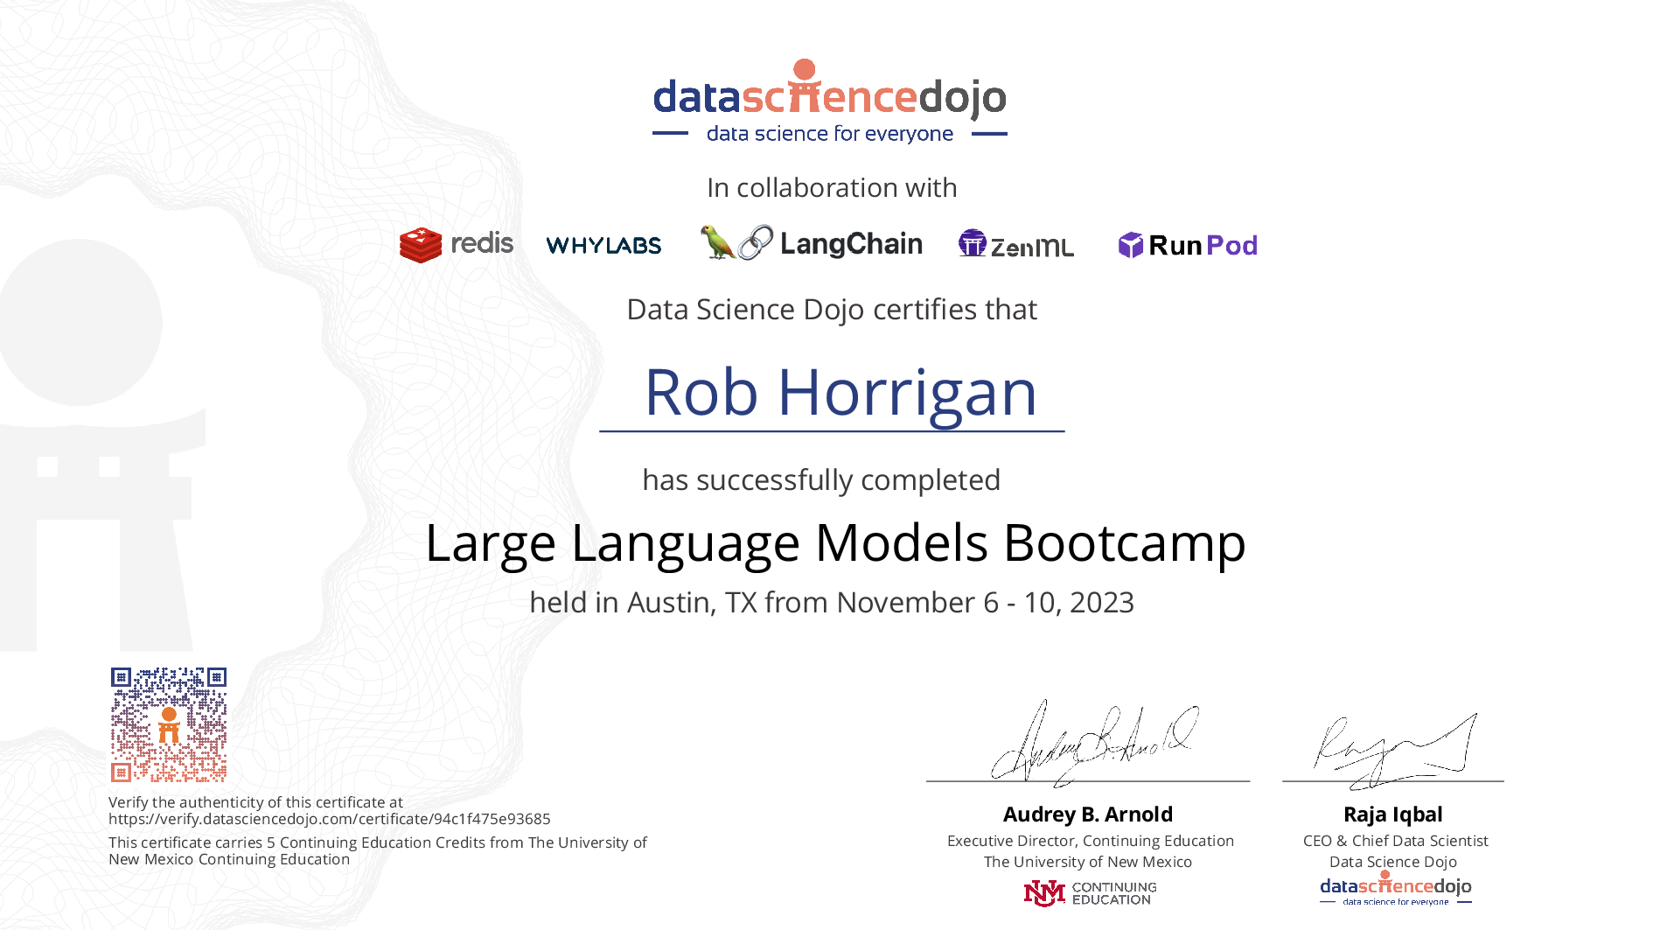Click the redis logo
click(x=457, y=244)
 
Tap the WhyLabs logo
click(x=603, y=245)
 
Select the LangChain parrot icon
click(x=717, y=242)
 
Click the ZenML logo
click(x=1016, y=244)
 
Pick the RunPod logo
click(x=1188, y=245)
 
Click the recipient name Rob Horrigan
click(x=840, y=392)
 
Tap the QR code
click(x=169, y=724)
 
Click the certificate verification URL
click(x=330, y=819)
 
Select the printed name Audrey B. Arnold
click(x=1088, y=815)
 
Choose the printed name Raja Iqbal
click(x=1393, y=815)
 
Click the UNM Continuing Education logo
click(x=1090, y=893)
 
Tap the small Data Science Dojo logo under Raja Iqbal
click(x=1396, y=888)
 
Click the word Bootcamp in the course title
click(x=1125, y=543)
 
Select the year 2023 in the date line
click(x=1102, y=603)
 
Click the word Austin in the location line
click(x=672, y=603)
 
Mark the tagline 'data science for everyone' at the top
click(x=830, y=134)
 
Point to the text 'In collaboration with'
click(x=832, y=188)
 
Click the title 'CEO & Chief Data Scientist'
click(x=1395, y=841)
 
